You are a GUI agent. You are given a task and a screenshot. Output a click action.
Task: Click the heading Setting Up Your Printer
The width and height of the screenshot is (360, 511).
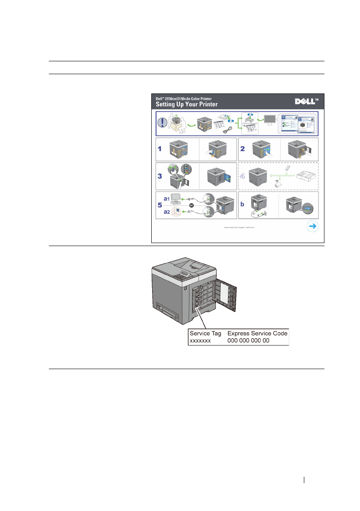coord(186,104)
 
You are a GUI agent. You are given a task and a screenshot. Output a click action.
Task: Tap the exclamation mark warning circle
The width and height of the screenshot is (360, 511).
coord(163,122)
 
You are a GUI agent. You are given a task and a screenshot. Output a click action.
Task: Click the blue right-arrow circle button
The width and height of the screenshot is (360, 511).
coord(312,226)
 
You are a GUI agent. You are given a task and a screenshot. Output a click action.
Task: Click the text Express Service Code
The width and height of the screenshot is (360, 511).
coord(257,333)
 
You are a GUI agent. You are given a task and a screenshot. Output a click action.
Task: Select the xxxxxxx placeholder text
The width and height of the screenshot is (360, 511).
coord(200,341)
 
